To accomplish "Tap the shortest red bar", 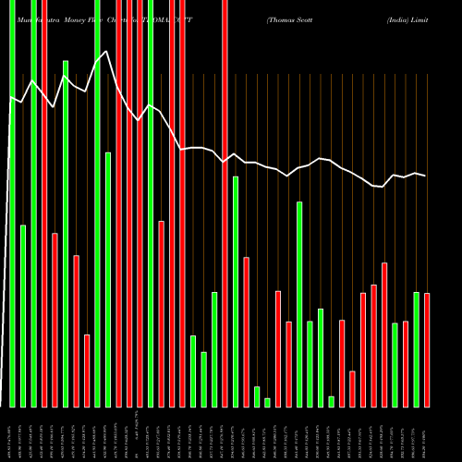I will click(x=352, y=388).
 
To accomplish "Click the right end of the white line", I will click(x=425, y=176).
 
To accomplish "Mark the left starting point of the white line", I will click(x=9, y=96).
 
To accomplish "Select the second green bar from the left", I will click(x=23, y=315).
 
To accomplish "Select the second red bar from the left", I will click(x=55, y=320).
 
